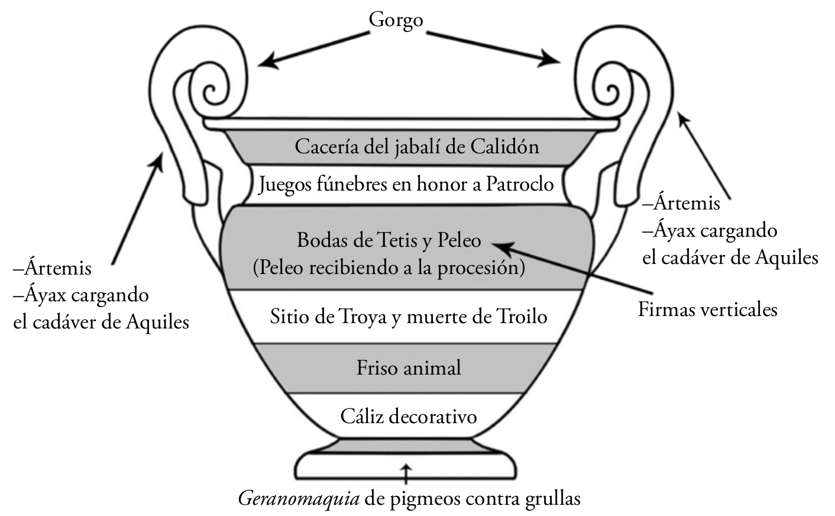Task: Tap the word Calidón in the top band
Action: pyautogui.click(x=505, y=147)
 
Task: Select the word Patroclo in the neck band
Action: pyautogui.click(x=520, y=184)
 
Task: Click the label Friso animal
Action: pyautogui.click(x=409, y=367)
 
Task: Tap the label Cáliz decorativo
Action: pyautogui.click(x=409, y=417)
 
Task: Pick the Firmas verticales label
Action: pyautogui.click(x=707, y=309)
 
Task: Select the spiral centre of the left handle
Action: pyautogui.click(x=211, y=91)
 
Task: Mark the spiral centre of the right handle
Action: pyautogui.click(x=611, y=90)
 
